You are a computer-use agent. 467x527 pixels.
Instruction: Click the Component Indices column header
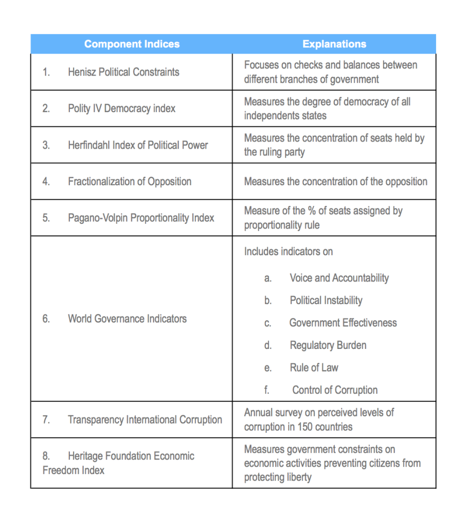pos(132,44)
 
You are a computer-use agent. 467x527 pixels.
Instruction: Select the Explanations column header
pos(334,44)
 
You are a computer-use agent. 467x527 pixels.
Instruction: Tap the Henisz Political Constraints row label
pos(123,72)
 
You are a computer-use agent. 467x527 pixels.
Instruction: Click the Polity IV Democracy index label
pos(121,109)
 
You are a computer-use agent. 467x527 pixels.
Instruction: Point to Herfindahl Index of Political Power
pos(138,145)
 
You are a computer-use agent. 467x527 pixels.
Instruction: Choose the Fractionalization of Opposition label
pos(130,182)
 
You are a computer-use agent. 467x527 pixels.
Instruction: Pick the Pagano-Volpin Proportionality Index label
pos(141,218)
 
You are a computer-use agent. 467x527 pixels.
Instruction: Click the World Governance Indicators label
pos(127,319)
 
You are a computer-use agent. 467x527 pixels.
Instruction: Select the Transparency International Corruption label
pos(145,420)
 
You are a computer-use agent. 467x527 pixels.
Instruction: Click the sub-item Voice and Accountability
pos(339,278)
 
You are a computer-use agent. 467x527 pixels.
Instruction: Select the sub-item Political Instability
pos(326,301)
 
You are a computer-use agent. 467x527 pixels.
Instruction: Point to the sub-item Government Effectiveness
pos(343,323)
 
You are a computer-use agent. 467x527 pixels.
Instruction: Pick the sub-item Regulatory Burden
pos(328,345)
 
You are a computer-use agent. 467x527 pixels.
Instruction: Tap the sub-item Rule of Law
pos(314,368)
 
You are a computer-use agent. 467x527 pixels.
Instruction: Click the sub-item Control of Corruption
pos(335,390)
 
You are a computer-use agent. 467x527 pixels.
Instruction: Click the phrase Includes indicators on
pos(288,252)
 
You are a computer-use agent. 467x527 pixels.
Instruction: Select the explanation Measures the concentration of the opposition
pos(335,182)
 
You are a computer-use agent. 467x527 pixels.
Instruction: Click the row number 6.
pos(46,319)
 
